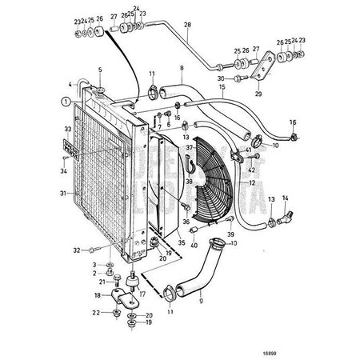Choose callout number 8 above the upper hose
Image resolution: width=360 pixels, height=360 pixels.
pyautogui.click(x=181, y=68)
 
